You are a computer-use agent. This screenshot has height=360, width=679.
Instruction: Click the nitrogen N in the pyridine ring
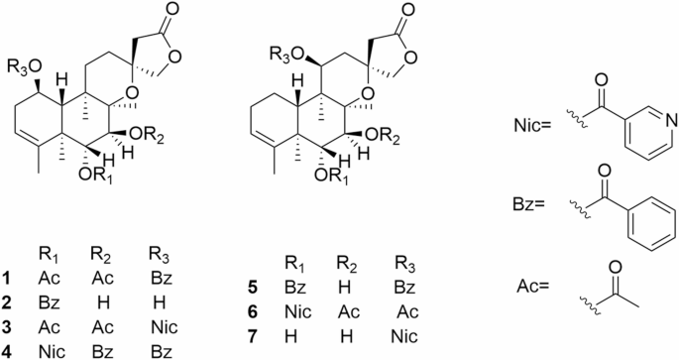pos(671,121)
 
